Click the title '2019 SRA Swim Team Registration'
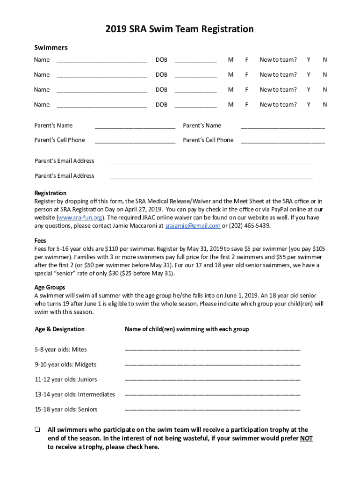(x=180, y=29)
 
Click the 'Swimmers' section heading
(x=51, y=48)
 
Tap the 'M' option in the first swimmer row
(x=230, y=60)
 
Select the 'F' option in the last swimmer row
(x=246, y=105)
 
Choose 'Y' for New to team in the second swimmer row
(x=309, y=75)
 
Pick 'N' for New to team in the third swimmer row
(x=325, y=90)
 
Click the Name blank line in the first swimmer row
(x=102, y=61)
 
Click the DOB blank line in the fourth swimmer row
(x=195, y=106)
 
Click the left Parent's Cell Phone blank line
(x=135, y=141)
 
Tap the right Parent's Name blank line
(x=282, y=126)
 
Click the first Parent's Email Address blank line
(x=211, y=162)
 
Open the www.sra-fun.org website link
(x=79, y=218)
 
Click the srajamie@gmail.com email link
(x=193, y=226)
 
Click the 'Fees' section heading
(x=41, y=241)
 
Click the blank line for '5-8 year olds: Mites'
(x=212, y=350)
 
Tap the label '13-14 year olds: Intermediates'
(x=75, y=394)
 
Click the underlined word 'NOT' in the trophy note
(x=306, y=438)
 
